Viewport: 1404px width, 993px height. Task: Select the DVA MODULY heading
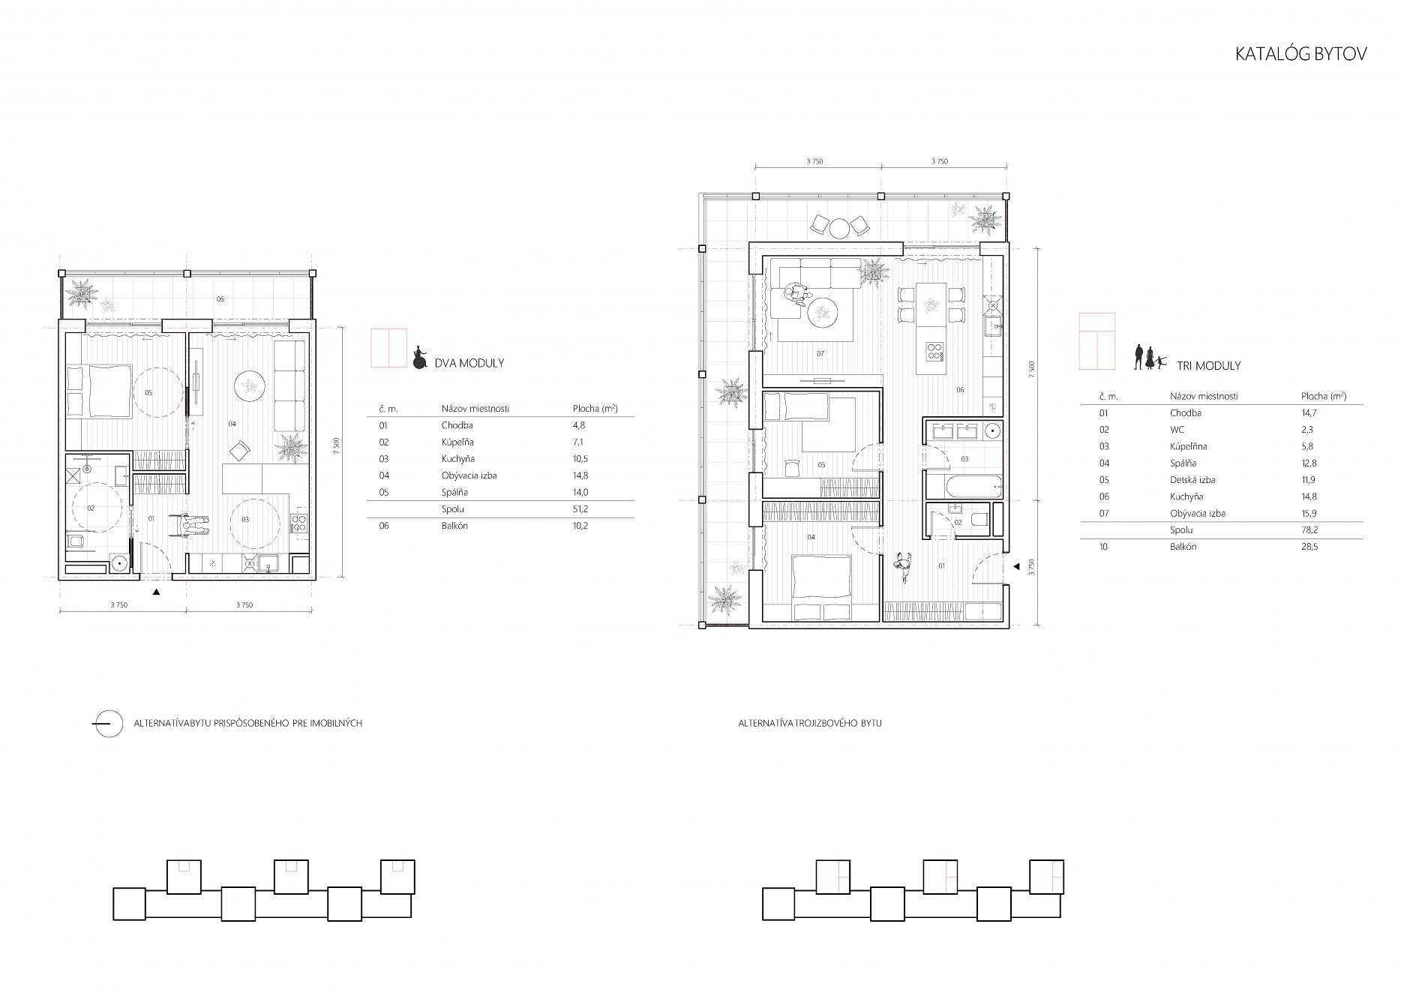(469, 363)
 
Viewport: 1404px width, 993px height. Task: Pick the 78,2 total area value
(1309, 530)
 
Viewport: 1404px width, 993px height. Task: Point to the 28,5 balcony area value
(1309, 547)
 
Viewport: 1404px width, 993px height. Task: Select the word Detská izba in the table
(1192, 480)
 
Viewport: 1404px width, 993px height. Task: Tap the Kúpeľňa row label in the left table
(457, 442)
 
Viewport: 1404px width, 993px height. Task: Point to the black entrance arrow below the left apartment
(156, 592)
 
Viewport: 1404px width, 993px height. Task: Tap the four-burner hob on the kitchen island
(936, 352)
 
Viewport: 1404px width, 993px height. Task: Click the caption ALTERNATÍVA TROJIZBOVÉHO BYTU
(810, 724)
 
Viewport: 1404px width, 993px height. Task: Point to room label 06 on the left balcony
(220, 299)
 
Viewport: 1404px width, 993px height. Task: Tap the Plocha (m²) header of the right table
(1324, 396)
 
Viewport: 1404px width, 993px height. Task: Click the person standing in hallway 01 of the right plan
(904, 567)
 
